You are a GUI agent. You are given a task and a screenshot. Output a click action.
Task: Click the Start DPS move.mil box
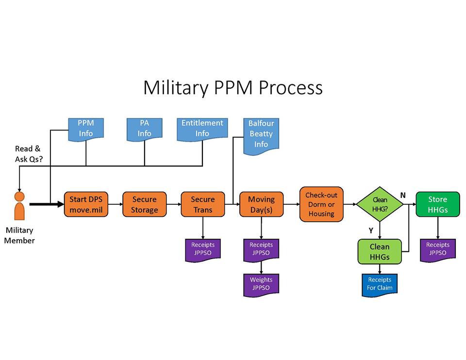pyautogui.click(x=86, y=204)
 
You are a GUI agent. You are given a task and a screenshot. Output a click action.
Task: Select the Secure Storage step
pyautogui.click(x=144, y=204)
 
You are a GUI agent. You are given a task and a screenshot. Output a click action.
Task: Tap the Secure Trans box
pyautogui.click(x=202, y=204)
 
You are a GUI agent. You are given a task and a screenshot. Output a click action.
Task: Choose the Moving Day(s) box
pyautogui.click(x=261, y=204)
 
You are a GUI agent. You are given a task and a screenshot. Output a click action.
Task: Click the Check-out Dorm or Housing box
pyautogui.click(x=321, y=204)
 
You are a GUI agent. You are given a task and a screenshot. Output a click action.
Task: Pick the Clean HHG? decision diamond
pyautogui.click(x=380, y=204)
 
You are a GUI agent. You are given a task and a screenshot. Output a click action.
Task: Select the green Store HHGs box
pyautogui.click(x=437, y=204)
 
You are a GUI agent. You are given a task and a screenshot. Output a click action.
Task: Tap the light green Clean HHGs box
pyautogui.click(x=380, y=251)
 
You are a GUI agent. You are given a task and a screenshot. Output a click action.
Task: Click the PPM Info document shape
pyautogui.click(x=86, y=129)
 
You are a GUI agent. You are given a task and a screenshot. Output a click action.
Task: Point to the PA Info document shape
pyautogui.click(x=144, y=129)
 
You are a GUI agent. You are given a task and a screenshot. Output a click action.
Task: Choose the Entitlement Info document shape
pyautogui.click(x=202, y=129)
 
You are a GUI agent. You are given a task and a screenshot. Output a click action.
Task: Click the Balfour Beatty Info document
pyautogui.click(x=261, y=135)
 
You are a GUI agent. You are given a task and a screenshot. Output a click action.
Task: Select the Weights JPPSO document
pyautogui.click(x=261, y=284)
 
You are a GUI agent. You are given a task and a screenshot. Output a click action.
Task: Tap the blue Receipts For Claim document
pyautogui.click(x=380, y=284)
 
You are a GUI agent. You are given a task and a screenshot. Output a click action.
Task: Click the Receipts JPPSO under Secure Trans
pyautogui.click(x=202, y=249)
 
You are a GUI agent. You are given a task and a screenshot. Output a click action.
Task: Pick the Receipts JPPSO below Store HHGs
pyautogui.click(x=437, y=249)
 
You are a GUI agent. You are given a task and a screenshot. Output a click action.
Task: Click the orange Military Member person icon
pyautogui.click(x=19, y=206)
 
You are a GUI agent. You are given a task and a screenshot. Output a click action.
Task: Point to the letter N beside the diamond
pyautogui.click(x=402, y=195)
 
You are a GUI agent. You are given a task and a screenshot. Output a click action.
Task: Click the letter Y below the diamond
pyautogui.click(x=371, y=231)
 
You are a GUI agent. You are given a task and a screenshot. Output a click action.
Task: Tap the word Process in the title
pyautogui.click(x=290, y=88)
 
